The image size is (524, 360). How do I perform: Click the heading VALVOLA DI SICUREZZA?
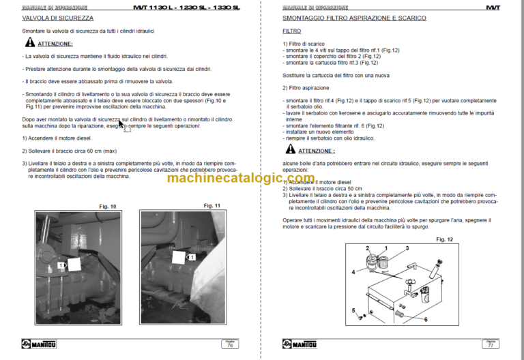[x=57, y=18]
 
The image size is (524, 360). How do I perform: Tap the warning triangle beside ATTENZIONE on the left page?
[x=30, y=42]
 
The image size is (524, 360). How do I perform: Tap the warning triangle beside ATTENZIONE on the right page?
[x=289, y=149]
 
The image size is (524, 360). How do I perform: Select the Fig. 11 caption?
[x=212, y=206]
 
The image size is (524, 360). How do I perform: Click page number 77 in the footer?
[x=489, y=346]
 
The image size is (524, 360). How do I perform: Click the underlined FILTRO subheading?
[x=291, y=31]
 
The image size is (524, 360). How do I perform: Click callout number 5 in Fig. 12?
[x=354, y=310]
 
